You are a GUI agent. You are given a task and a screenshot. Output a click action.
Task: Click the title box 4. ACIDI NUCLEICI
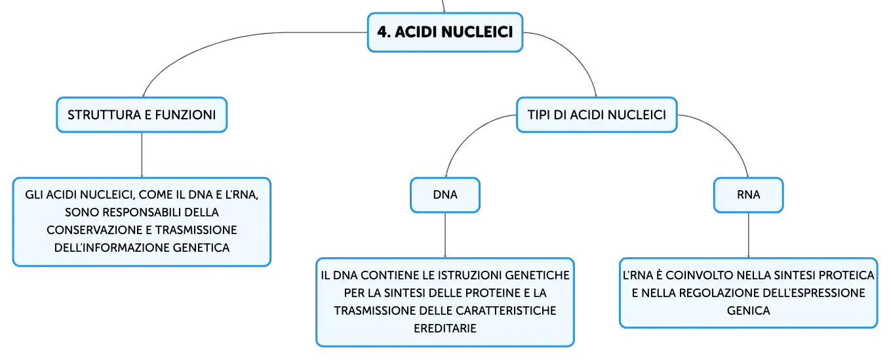445,32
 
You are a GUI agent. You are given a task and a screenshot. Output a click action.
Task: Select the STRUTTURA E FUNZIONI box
142,115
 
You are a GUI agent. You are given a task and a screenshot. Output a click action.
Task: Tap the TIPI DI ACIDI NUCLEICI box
597,115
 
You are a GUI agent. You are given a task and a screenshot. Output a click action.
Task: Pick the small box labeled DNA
445,195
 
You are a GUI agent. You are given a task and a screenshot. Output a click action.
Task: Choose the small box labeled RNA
748,195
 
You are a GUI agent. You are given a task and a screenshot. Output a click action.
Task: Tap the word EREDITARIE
445,329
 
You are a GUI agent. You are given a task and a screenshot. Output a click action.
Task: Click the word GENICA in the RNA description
748,311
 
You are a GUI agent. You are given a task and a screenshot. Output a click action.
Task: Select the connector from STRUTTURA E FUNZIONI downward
142,155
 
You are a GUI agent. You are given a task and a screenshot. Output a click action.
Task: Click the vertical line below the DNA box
445,235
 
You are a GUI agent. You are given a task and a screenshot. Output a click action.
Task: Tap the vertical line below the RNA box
748,235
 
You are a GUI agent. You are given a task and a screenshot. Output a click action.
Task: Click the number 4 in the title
382,32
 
